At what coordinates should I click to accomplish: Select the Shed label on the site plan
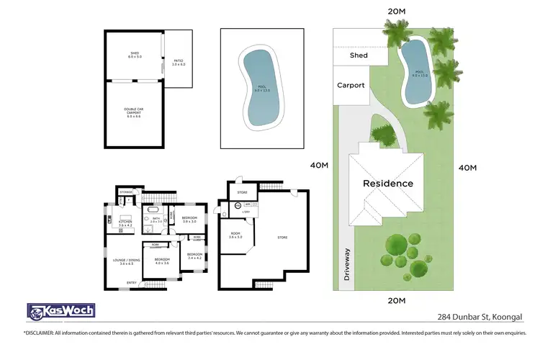(x=359, y=55)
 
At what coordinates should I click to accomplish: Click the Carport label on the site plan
(x=351, y=85)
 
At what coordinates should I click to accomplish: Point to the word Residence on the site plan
(x=388, y=183)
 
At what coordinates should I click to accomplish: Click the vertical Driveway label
(x=347, y=264)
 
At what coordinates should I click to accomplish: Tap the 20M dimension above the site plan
(x=397, y=12)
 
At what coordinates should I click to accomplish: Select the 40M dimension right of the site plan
(x=467, y=168)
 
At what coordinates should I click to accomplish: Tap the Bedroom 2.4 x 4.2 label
(x=195, y=256)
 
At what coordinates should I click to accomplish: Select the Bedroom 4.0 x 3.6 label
(x=161, y=261)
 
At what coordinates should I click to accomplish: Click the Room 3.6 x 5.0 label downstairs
(x=235, y=235)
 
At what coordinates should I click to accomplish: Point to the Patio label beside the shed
(x=179, y=63)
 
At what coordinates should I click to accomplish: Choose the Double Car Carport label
(x=134, y=113)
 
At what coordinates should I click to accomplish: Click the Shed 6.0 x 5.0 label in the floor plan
(x=134, y=54)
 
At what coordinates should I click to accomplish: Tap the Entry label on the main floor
(x=132, y=282)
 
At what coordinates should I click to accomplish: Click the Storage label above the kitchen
(x=127, y=192)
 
